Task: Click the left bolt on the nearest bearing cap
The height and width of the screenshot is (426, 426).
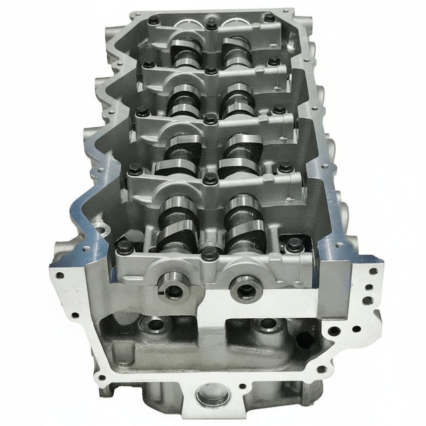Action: [x=124, y=246]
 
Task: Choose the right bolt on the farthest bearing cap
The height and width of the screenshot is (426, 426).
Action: [x=270, y=18]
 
